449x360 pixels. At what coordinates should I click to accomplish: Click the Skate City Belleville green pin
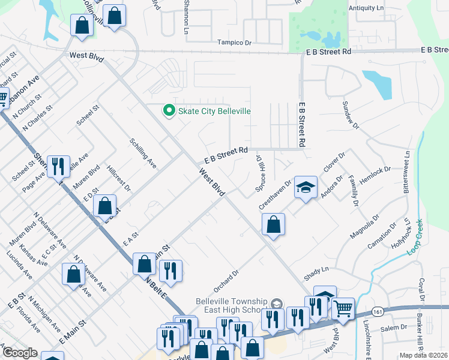pos(169,111)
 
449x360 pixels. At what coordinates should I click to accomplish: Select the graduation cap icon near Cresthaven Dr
pos(306,188)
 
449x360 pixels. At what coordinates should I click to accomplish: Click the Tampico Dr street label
pos(234,43)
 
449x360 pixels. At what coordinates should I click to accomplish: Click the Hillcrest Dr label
pos(119,179)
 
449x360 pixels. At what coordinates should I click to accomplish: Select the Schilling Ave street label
pos(143,154)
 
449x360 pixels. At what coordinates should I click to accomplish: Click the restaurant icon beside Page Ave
pos(58,166)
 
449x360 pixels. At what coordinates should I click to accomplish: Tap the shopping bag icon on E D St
pos(105,206)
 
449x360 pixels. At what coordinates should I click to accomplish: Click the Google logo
pos(19,353)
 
